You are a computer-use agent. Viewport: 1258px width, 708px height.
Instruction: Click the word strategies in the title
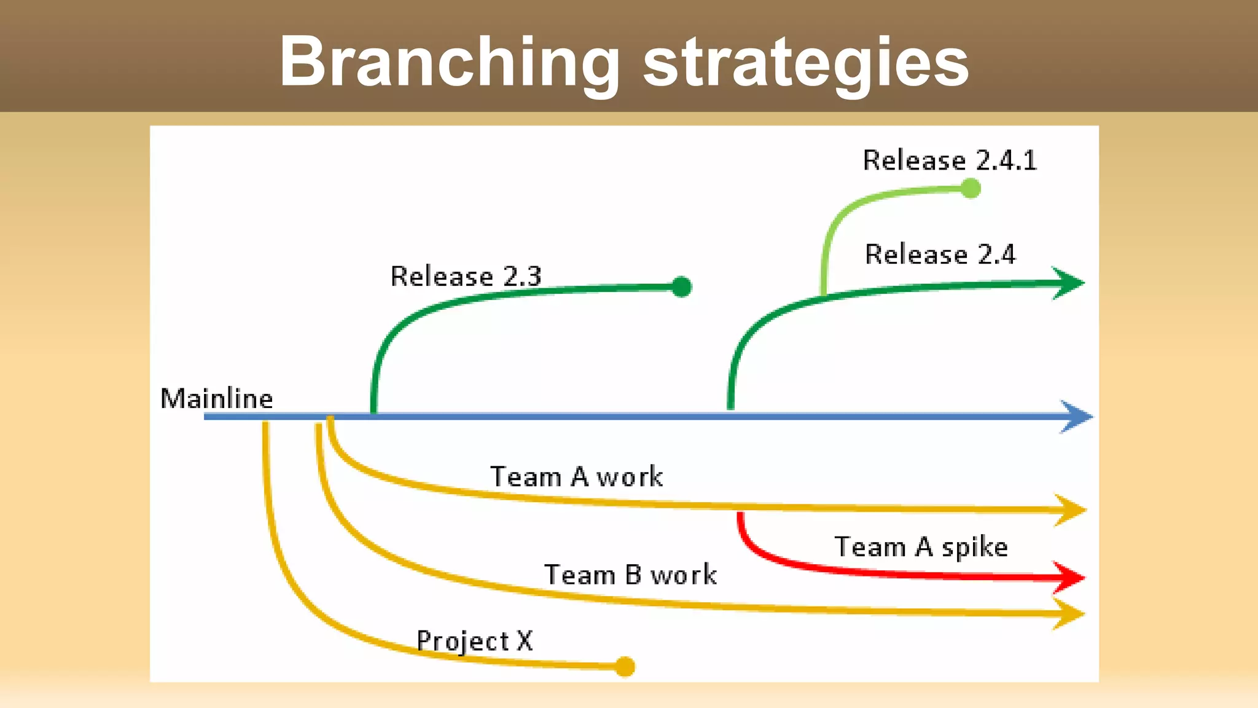click(806, 63)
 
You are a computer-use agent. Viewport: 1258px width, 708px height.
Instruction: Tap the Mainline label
click(216, 398)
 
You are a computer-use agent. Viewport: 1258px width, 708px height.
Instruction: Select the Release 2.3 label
click(466, 276)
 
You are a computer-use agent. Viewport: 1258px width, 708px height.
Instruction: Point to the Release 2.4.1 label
click(950, 160)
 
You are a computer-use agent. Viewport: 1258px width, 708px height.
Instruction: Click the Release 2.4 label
click(940, 254)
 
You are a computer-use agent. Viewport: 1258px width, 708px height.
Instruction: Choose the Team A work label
click(576, 477)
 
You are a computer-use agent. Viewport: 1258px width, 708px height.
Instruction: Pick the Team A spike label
click(921, 546)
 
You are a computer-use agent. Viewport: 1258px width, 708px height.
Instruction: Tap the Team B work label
click(630, 575)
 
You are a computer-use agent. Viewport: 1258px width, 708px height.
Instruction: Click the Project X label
click(474, 641)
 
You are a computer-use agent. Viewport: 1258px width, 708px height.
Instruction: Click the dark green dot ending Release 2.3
click(681, 286)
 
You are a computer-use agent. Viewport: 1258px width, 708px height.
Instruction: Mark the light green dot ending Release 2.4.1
click(971, 188)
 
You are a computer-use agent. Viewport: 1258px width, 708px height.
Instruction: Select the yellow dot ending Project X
click(625, 666)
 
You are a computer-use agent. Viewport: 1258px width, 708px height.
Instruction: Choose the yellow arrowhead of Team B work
click(1069, 614)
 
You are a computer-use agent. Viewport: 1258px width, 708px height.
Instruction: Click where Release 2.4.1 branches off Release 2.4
click(824, 295)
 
